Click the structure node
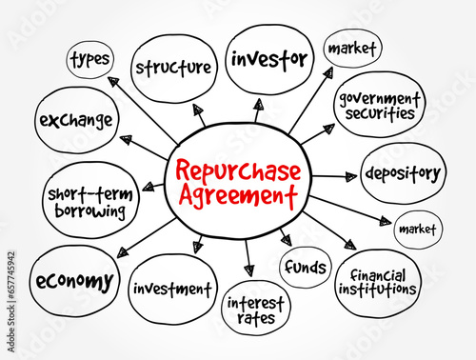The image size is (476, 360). click(x=173, y=67)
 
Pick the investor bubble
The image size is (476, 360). click(x=269, y=60)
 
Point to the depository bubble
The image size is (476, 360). click(x=404, y=173)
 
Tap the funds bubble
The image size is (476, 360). click(x=305, y=268)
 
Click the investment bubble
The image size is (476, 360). click(x=171, y=288)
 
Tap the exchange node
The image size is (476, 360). click(x=75, y=121)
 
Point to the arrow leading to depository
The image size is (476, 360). click(x=335, y=175)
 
